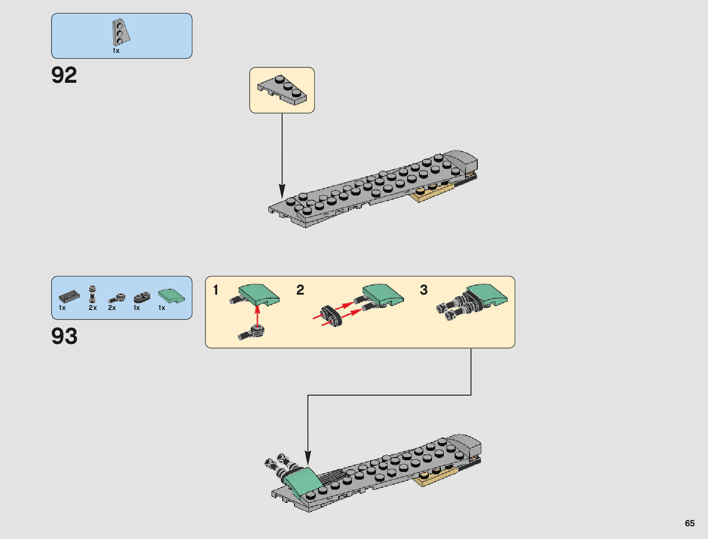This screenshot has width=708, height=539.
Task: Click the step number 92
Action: tap(64, 75)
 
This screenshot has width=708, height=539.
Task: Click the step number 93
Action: tap(64, 336)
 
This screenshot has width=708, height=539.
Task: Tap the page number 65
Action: tap(689, 523)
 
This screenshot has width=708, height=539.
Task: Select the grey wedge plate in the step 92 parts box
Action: tap(121, 32)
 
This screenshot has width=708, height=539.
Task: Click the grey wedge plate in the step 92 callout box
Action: tap(282, 90)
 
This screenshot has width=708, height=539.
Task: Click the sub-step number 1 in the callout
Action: tap(216, 290)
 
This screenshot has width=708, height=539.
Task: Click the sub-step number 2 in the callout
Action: tap(300, 290)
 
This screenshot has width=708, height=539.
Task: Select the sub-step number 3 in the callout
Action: tap(423, 290)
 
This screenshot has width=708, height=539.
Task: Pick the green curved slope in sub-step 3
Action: tap(487, 294)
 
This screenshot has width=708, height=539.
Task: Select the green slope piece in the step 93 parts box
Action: tap(171, 296)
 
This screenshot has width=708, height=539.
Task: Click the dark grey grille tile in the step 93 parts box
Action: tap(69, 296)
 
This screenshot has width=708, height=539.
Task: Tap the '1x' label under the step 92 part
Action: tap(116, 51)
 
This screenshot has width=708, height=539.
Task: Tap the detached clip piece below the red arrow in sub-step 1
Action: tap(251, 333)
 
